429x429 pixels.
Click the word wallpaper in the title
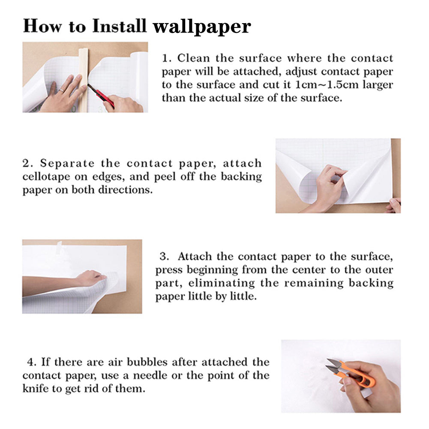[x=201, y=26]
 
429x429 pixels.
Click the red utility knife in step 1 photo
[x=102, y=96]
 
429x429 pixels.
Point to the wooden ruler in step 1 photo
[x=83, y=79]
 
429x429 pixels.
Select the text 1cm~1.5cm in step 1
[x=321, y=84]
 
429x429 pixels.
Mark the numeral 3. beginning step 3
[x=165, y=257]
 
